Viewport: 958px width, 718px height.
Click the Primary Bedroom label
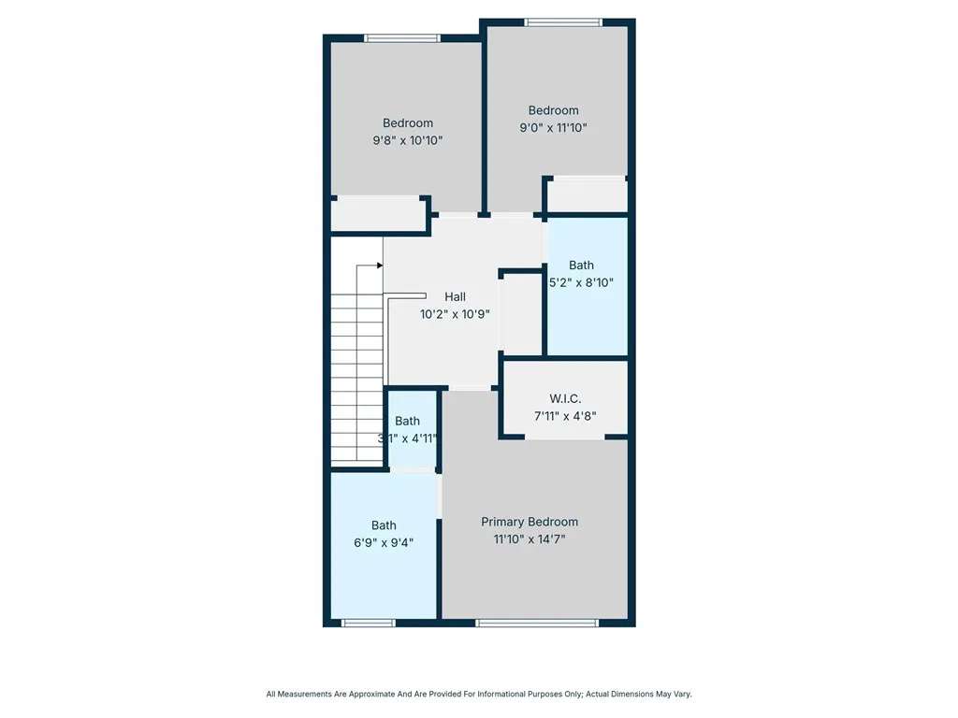click(530, 522)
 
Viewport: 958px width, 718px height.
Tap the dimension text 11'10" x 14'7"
click(530, 539)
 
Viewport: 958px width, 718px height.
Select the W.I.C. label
click(565, 398)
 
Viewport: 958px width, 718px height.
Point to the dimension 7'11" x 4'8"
click(565, 416)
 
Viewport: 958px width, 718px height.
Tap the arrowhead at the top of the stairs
click(380, 266)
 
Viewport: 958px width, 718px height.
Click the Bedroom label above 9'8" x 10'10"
click(408, 122)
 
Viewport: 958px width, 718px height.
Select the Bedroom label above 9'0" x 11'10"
click(554, 109)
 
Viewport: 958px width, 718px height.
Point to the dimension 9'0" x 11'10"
click(554, 128)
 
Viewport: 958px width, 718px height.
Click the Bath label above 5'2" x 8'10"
click(581, 265)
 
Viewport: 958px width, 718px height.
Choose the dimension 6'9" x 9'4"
click(384, 542)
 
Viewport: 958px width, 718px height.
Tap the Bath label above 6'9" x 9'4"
click(384, 524)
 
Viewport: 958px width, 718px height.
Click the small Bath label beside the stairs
click(408, 421)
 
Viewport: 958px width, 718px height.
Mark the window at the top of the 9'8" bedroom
click(402, 38)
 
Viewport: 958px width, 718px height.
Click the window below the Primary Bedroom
click(536, 622)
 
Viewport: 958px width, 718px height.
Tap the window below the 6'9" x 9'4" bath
click(369, 622)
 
